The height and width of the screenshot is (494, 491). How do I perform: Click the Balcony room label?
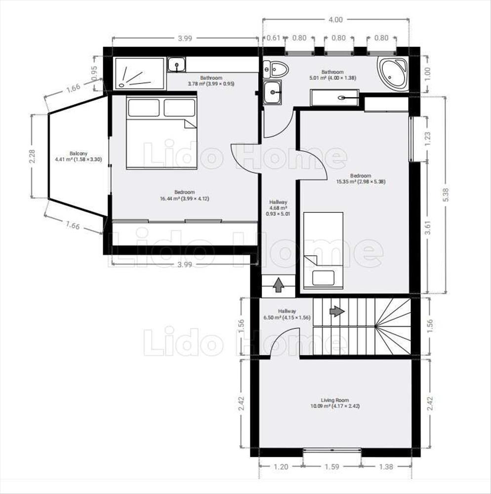point(79,154)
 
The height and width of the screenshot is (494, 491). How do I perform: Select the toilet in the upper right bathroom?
point(276,69)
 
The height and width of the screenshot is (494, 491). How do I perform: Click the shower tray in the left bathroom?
point(139,74)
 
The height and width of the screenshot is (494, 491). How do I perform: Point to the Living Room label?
point(335,400)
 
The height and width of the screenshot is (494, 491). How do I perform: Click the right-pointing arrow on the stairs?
point(337,311)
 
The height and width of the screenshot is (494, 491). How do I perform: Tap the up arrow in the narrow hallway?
point(279,285)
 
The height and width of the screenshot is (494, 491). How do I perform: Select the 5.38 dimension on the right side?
point(446,195)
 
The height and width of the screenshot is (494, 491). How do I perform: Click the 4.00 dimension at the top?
point(336,20)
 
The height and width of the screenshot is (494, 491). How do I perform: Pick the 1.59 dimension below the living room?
point(332,467)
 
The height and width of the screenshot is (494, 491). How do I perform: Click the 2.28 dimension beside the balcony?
point(32,156)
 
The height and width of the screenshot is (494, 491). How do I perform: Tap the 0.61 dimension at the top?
point(273,38)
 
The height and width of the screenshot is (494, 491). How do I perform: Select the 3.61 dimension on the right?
point(427,227)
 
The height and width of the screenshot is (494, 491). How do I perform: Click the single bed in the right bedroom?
point(323,250)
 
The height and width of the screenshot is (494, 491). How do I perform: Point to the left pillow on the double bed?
point(144,108)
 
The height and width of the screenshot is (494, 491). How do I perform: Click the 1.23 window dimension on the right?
point(427,139)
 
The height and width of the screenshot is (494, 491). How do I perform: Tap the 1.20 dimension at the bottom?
point(281,467)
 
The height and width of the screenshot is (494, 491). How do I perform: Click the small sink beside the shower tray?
point(177,65)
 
